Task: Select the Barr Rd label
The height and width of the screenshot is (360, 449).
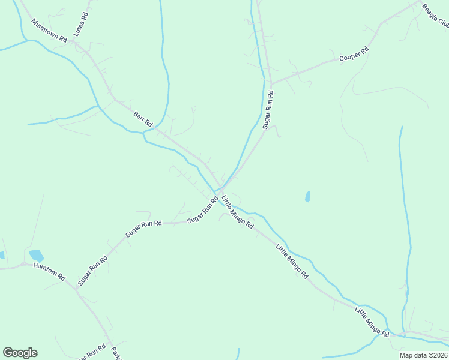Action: pyautogui.click(x=143, y=118)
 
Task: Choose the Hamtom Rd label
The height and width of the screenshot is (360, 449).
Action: pyautogui.click(x=49, y=271)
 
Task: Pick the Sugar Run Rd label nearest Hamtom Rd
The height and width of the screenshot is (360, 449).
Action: pyautogui.click(x=92, y=270)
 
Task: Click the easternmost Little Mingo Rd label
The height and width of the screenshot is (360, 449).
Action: pyautogui.click(x=372, y=322)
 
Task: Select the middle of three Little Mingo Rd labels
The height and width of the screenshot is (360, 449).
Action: pyautogui.click(x=292, y=261)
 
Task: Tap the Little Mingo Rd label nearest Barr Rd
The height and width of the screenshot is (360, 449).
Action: pyautogui.click(x=237, y=212)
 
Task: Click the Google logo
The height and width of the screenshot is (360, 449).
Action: pyautogui.click(x=20, y=353)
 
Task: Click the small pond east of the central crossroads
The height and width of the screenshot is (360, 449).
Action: pyautogui.click(x=307, y=196)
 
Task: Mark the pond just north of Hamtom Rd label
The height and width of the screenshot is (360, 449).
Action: pyautogui.click(x=36, y=256)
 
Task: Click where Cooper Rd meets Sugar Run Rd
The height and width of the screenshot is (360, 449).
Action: pyautogui.click(x=271, y=83)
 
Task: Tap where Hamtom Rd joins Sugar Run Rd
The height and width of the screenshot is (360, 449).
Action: pyautogui.click(x=76, y=289)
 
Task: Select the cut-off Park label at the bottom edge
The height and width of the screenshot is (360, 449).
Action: pyautogui.click(x=116, y=352)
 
